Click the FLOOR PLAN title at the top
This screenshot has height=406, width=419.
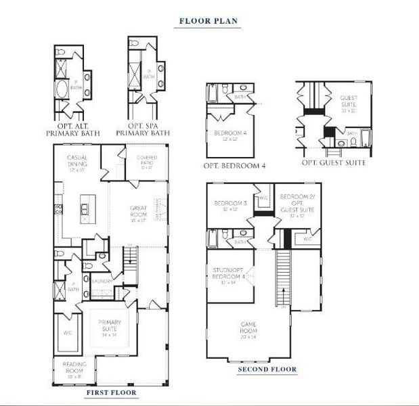tap(208, 21)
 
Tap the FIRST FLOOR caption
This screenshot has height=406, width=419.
tap(111, 392)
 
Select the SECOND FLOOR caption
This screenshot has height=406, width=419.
tap(267, 369)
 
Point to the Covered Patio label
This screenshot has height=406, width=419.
tap(146, 162)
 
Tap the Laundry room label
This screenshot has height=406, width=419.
tap(102, 280)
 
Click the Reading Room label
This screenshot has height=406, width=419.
tap(74, 369)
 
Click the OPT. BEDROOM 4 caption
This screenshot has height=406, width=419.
tap(234, 166)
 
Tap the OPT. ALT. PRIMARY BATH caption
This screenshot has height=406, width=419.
tap(73, 129)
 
